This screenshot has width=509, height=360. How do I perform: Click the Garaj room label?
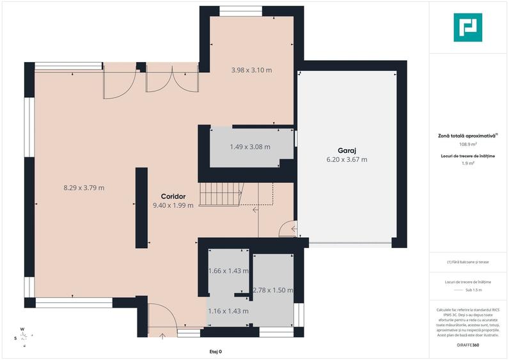(x=347, y=151)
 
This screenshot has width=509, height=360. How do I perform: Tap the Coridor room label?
(x=173, y=196)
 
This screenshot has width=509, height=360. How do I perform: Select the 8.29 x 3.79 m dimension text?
(x=84, y=187)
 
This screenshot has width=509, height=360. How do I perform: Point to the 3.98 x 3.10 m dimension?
(x=251, y=70)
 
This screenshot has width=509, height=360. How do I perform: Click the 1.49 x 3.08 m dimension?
(x=250, y=146)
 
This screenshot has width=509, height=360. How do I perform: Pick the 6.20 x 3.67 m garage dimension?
(x=347, y=159)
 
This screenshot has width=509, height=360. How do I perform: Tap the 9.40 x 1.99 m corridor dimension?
(x=173, y=205)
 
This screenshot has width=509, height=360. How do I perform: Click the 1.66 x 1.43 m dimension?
(x=228, y=270)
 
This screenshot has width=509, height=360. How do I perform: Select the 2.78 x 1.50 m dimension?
(x=273, y=290)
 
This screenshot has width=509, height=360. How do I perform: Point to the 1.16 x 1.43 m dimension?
(x=228, y=311)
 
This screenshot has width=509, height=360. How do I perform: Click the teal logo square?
(x=468, y=27)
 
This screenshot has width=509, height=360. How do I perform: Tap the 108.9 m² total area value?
(x=468, y=144)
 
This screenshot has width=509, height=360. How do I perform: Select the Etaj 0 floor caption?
(x=215, y=352)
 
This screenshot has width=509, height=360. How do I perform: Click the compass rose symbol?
(x=23, y=338)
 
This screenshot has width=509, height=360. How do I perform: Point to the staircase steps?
(x=221, y=194)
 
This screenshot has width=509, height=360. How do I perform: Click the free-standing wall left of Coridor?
(x=141, y=208)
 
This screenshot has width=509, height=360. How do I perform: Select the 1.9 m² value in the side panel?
(x=468, y=163)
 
